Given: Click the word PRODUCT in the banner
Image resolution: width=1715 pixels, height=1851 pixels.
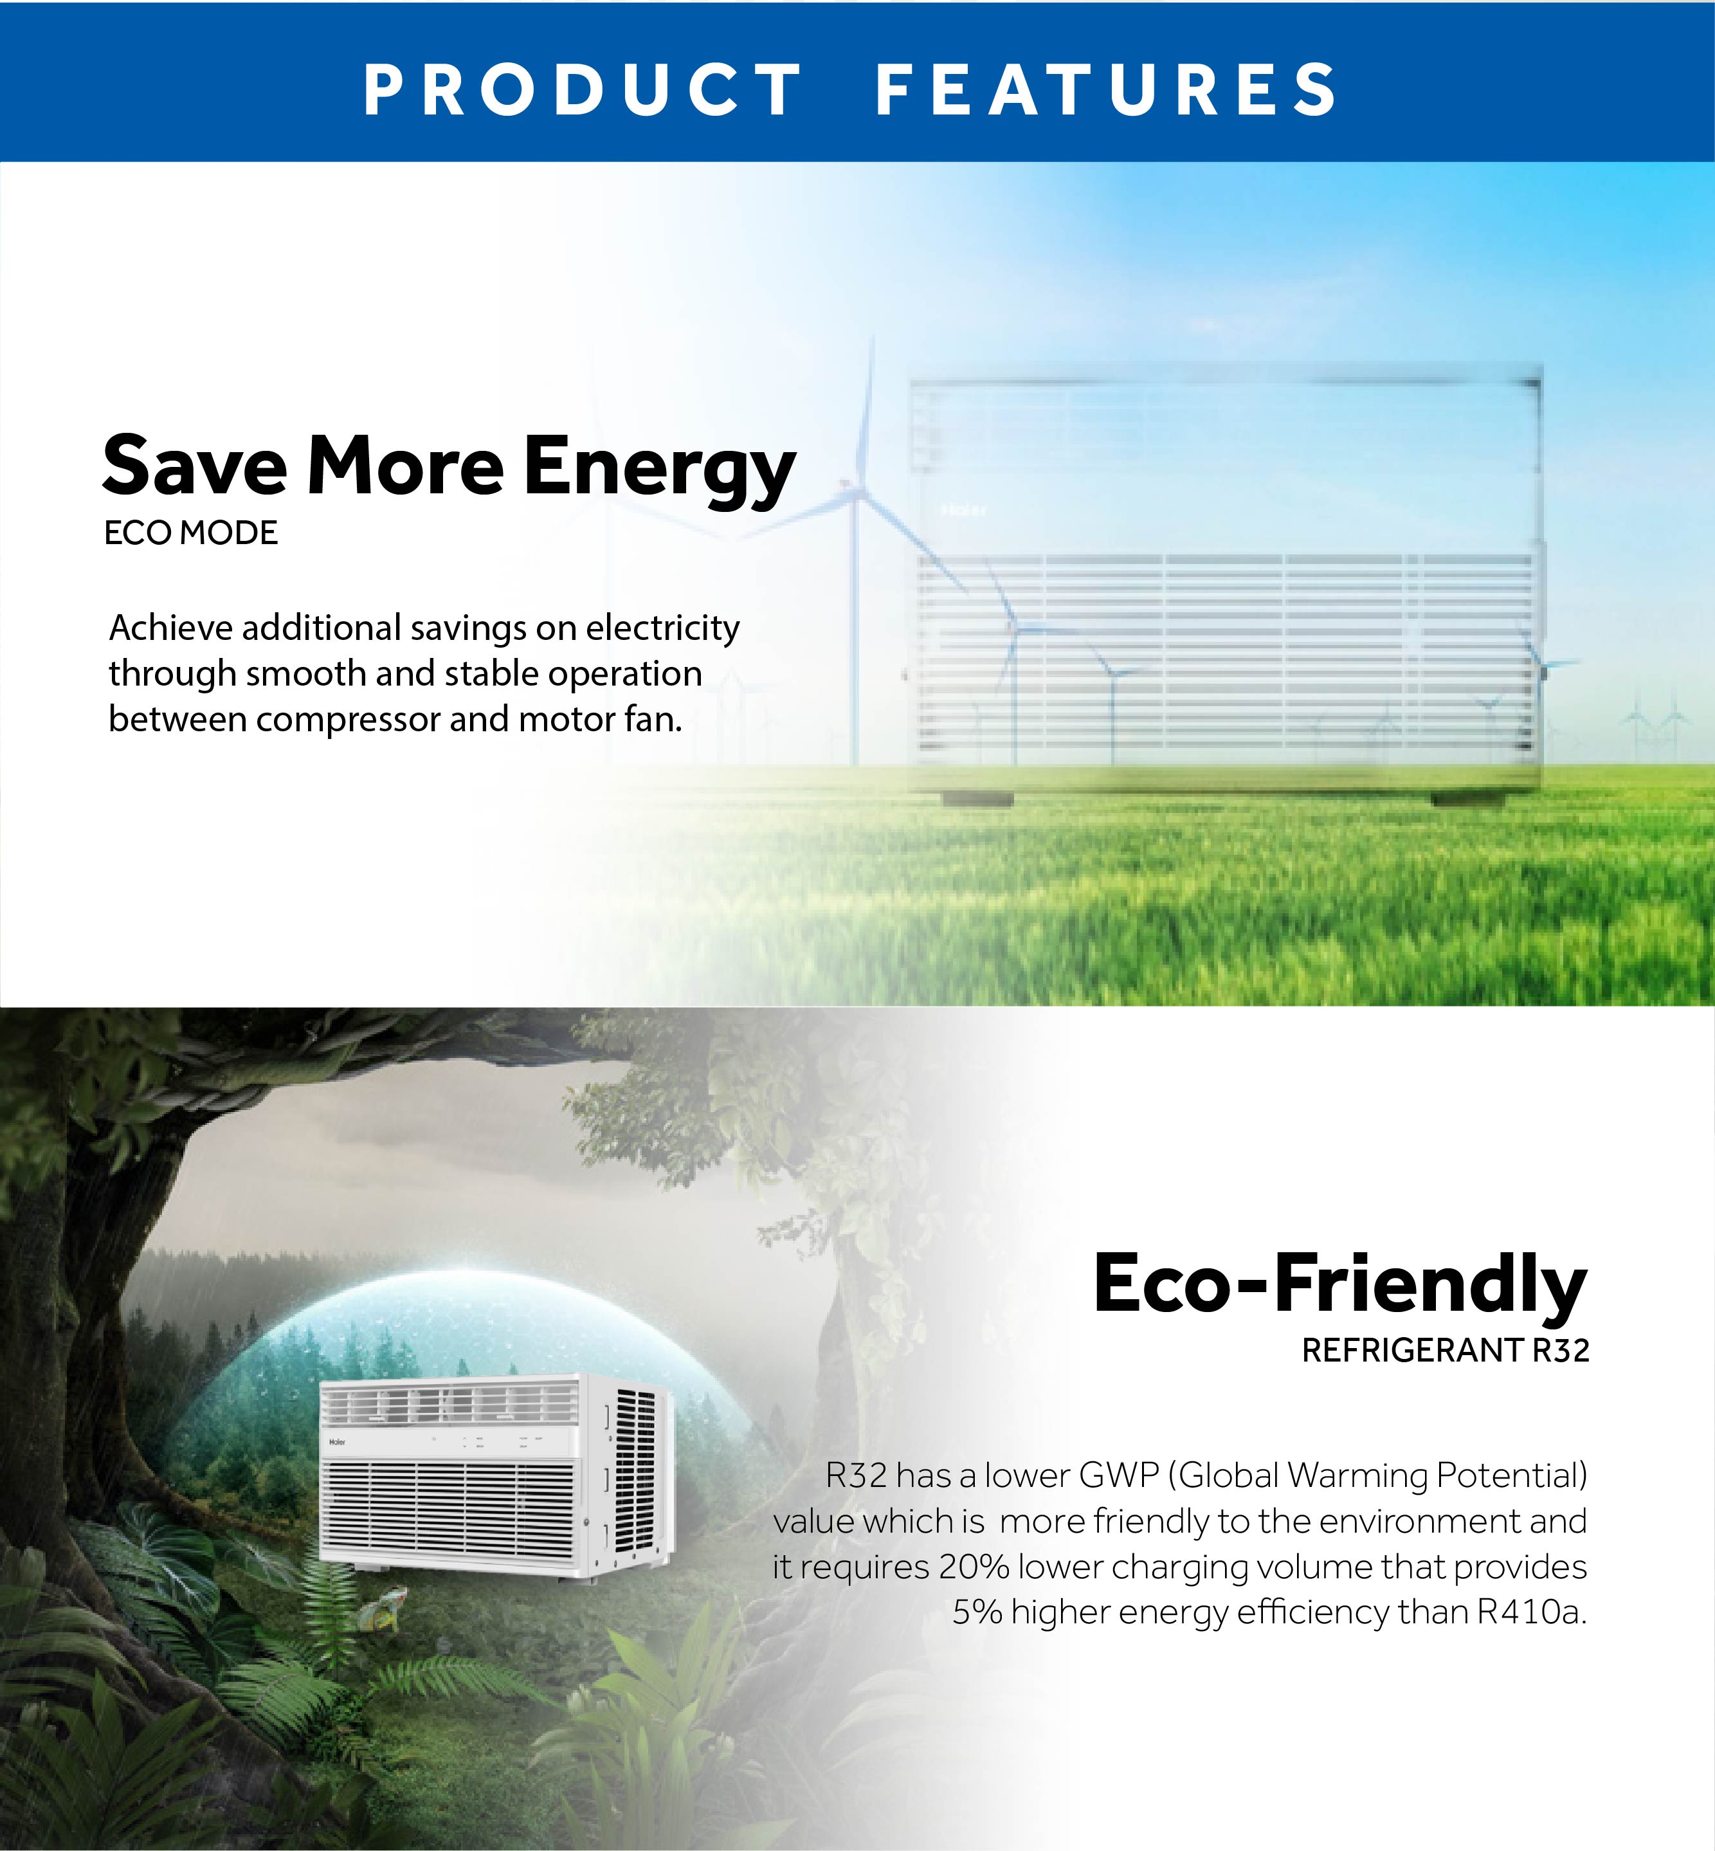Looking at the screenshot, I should [x=583, y=90].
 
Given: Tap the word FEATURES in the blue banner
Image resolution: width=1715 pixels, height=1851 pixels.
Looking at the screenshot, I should [x=1106, y=90].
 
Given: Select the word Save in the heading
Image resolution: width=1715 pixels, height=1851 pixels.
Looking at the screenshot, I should [x=195, y=466].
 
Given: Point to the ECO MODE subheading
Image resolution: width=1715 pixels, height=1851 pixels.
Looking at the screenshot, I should [x=191, y=533].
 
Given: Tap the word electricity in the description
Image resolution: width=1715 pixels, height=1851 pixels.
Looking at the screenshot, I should [x=662, y=628].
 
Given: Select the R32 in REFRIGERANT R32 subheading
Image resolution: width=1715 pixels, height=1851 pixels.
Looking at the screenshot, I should [x=1560, y=1351].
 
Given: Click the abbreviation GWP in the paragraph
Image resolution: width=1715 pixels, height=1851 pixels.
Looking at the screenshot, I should [x=1119, y=1475].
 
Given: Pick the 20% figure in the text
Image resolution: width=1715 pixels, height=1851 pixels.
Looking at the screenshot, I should [x=974, y=1567].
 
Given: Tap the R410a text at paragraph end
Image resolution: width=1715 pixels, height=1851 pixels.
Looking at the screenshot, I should [x=1530, y=1612].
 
